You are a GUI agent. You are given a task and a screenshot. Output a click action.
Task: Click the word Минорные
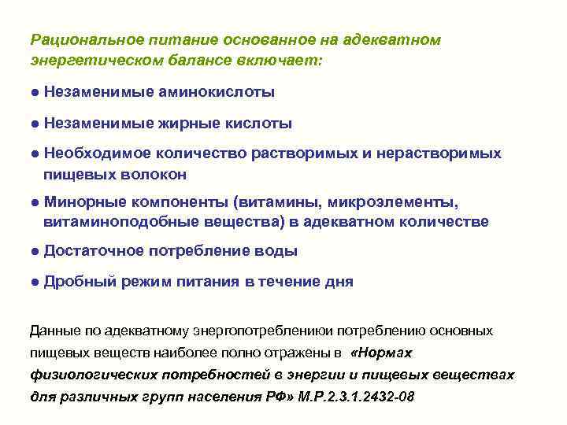tap(82, 202)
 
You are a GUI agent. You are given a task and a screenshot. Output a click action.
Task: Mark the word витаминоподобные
tap(106, 222)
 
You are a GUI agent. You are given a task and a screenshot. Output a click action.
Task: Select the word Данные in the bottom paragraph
tap(52, 330)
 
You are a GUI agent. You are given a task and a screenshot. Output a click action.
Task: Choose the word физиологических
tap(83, 374)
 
